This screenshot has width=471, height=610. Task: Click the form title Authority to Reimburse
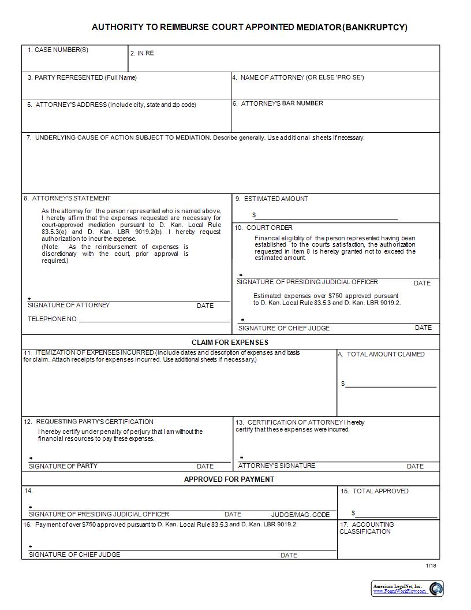click(249, 27)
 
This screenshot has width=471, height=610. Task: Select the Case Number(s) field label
click(58, 50)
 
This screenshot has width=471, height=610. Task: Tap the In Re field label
click(142, 53)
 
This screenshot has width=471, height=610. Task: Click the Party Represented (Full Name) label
click(82, 77)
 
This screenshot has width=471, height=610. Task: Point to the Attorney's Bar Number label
click(278, 103)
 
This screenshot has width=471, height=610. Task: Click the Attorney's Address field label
click(111, 105)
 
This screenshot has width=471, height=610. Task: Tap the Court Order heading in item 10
click(264, 228)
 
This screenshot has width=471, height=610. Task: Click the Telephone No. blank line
click(154, 319)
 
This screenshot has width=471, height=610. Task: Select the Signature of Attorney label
click(69, 305)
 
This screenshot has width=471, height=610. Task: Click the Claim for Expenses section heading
click(230, 343)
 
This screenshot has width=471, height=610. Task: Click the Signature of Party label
click(63, 466)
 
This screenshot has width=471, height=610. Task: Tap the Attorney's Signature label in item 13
click(276, 466)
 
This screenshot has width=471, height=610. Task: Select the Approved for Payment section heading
click(229, 479)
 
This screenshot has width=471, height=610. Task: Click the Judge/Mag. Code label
click(300, 515)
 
